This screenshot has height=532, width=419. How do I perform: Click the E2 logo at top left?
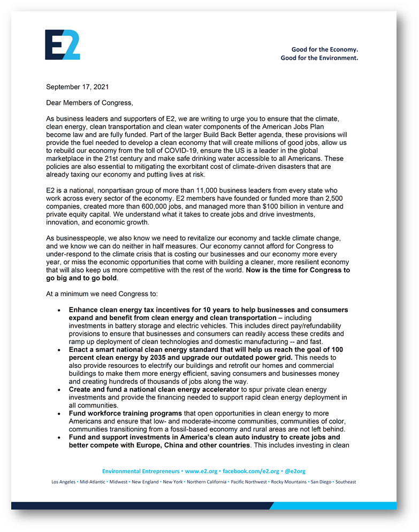click(63, 44)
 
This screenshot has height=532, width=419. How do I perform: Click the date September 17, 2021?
click(78, 87)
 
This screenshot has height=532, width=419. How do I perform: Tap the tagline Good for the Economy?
click(324, 50)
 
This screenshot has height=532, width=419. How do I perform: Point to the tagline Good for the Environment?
click(319, 58)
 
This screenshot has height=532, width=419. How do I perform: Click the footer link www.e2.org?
click(201, 471)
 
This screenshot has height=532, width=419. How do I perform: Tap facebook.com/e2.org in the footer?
click(250, 471)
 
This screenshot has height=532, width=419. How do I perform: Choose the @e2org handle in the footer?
click(295, 471)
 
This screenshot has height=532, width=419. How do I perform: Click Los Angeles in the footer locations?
click(64, 482)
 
